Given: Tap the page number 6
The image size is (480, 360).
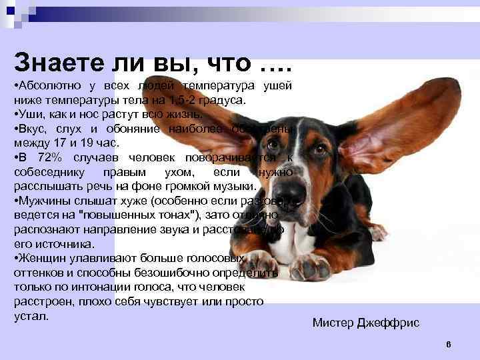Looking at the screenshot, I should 449,344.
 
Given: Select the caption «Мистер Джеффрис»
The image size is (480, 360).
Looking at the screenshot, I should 366,323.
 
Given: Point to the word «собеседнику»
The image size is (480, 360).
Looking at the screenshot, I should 47,172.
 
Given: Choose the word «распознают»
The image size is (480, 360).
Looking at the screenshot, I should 43,229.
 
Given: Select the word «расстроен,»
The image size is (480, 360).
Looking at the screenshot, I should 43,301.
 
